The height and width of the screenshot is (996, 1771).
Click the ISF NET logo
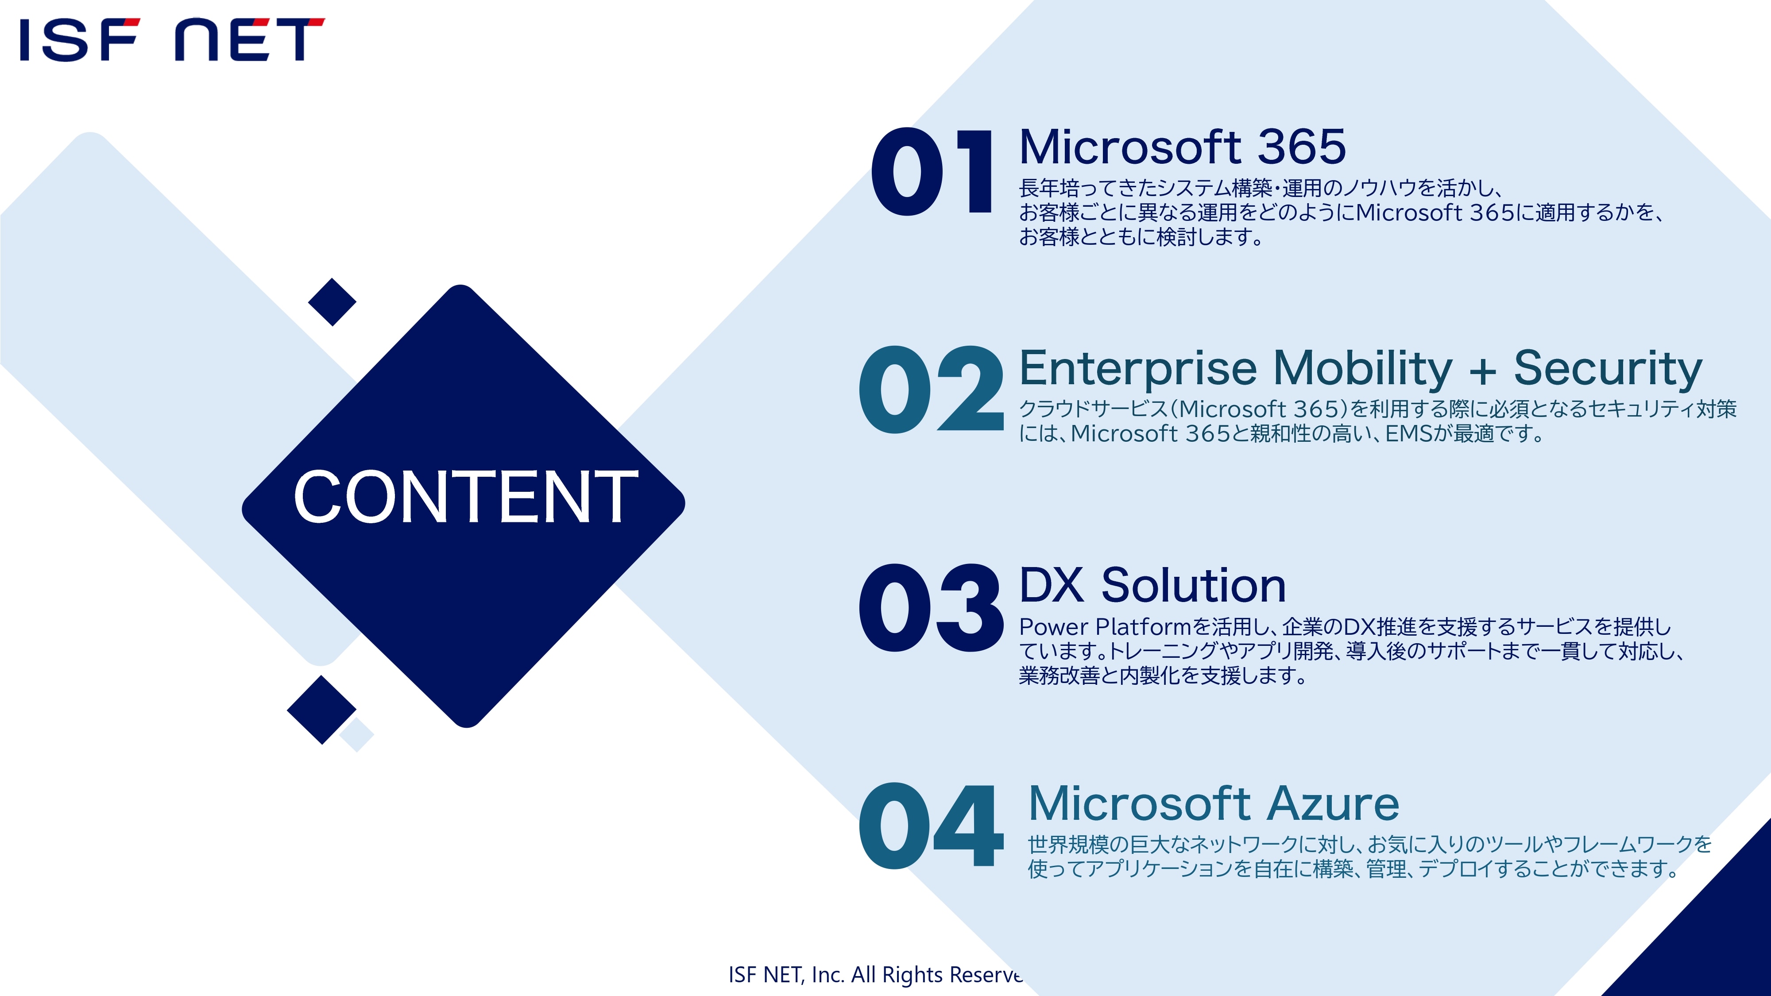[x=172, y=39]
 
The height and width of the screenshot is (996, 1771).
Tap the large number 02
[x=931, y=389]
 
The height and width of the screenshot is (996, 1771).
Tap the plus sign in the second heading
[x=1483, y=372]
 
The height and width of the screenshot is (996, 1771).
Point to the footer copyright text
[x=875, y=975]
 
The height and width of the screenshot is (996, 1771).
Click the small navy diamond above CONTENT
[x=332, y=302]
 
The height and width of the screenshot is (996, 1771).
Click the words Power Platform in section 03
[x=1105, y=627]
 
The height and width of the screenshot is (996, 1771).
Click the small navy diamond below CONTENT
[x=321, y=709]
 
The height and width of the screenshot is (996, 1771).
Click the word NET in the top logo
[x=250, y=39]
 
